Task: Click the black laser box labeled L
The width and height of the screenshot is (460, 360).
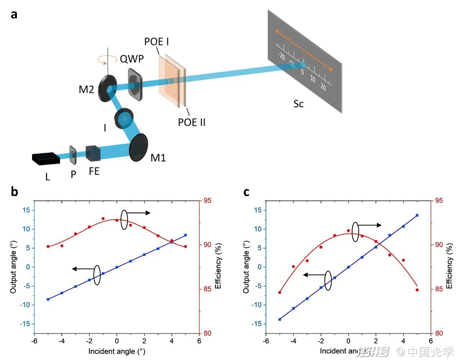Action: click(46, 159)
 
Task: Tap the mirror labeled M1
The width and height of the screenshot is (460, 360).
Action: click(138, 147)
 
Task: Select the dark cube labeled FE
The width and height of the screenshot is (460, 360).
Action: click(93, 153)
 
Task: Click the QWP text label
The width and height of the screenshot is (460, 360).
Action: click(132, 59)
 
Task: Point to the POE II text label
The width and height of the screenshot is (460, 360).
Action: click(192, 122)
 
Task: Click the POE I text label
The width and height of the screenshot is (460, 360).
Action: click(156, 41)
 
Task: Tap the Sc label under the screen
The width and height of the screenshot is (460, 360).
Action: click(299, 104)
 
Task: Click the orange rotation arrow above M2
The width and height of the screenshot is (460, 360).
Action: click(107, 59)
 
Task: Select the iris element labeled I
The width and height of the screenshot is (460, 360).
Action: click(124, 118)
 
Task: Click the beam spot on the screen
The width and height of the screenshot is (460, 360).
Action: click(303, 65)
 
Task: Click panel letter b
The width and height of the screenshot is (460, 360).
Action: click(14, 192)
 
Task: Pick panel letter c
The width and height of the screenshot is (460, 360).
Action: click(246, 192)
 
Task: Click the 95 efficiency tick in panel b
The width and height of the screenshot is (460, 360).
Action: click(207, 201)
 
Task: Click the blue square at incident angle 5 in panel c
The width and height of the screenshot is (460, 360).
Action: click(417, 215)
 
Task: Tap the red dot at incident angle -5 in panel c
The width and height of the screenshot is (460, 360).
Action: click(280, 292)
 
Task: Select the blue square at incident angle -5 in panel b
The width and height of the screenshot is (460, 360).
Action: click(48, 299)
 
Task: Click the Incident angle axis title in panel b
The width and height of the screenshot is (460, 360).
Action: click(117, 351)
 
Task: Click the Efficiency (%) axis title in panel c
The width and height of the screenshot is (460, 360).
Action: click(449, 266)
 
